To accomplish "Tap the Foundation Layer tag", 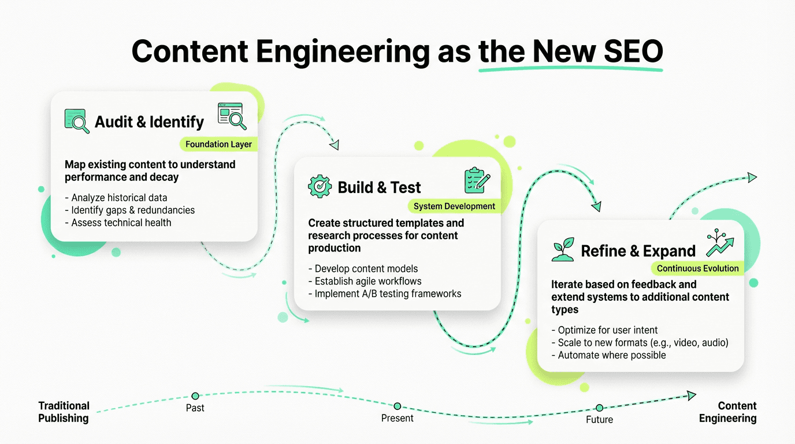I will [218, 144].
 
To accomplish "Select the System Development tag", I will [454, 206].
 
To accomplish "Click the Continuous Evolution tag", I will [697, 268].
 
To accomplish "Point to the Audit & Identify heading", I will [149, 122].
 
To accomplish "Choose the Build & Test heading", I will [379, 187].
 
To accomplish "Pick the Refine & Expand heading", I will [638, 251].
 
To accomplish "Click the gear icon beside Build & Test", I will [320, 187].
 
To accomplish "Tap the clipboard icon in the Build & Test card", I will [477, 180].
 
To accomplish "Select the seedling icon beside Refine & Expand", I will [563, 249].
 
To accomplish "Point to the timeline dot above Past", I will [195, 396].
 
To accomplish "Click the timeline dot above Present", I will [397, 406].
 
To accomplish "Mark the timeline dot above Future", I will [599, 408].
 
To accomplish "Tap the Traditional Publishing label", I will [64, 412].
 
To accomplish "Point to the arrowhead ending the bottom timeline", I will [691, 395].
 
